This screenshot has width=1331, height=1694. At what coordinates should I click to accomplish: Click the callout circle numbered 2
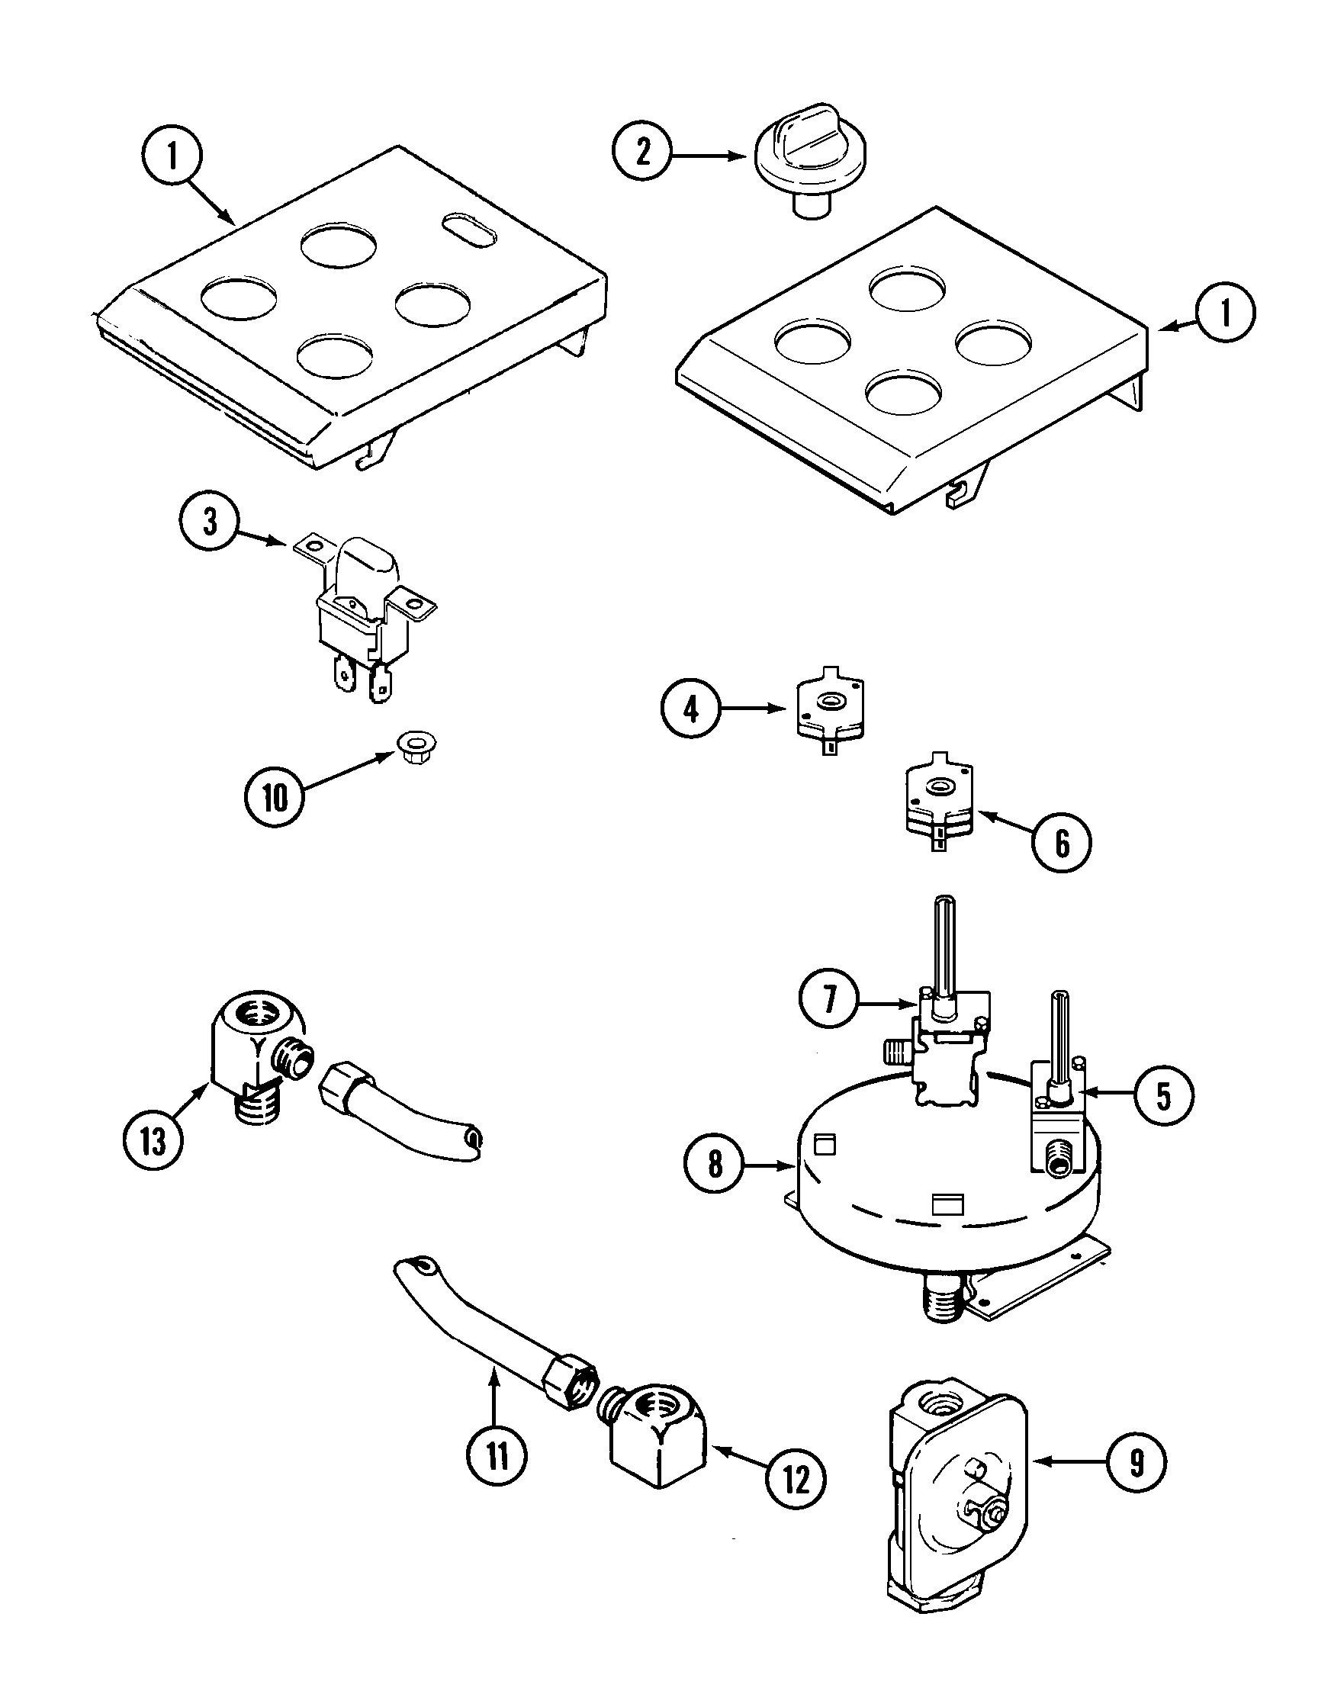642,153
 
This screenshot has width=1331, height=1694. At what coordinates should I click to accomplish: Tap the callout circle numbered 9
1137,1464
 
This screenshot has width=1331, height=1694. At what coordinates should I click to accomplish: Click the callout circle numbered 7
830,998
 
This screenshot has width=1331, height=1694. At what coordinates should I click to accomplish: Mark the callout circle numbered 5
1163,1095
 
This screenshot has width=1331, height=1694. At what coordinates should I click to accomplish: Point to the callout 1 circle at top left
172,157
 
